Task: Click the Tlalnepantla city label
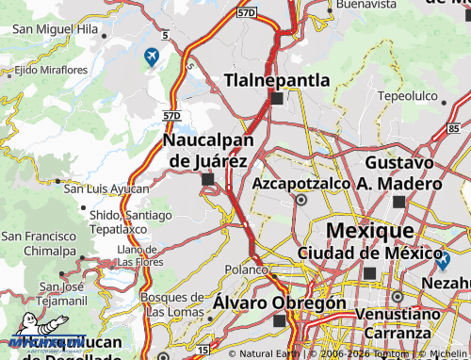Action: (x=277, y=80)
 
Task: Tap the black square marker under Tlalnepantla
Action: (x=276, y=98)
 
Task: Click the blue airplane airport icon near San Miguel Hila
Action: (x=152, y=57)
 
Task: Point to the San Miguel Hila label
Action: (x=54, y=29)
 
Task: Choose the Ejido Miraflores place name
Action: (x=51, y=70)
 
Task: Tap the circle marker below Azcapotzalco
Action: (x=301, y=200)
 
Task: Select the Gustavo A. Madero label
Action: (x=398, y=173)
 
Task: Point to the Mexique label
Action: (x=368, y=231)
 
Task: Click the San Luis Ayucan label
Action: (x=106, y=188)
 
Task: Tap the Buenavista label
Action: (x=365, y=5)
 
